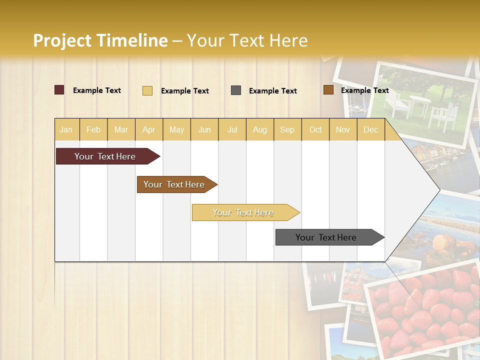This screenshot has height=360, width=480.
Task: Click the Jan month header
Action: [66, 130]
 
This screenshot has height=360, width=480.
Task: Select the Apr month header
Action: [149, 130]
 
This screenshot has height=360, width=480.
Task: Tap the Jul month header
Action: [232, 130]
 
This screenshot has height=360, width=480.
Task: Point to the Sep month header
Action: [287, 130]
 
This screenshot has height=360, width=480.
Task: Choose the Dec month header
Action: [370, 130]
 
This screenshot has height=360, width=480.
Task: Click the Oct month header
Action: [315, 130]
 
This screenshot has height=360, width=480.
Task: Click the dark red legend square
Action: [59, 90]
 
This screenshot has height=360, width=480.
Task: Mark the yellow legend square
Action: [147, 90]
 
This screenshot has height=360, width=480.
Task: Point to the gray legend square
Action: [236, 90]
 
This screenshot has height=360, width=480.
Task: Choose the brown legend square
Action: [328, 90]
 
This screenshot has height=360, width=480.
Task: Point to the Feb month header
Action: [93, 130]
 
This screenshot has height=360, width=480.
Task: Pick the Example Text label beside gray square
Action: [273, 91]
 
